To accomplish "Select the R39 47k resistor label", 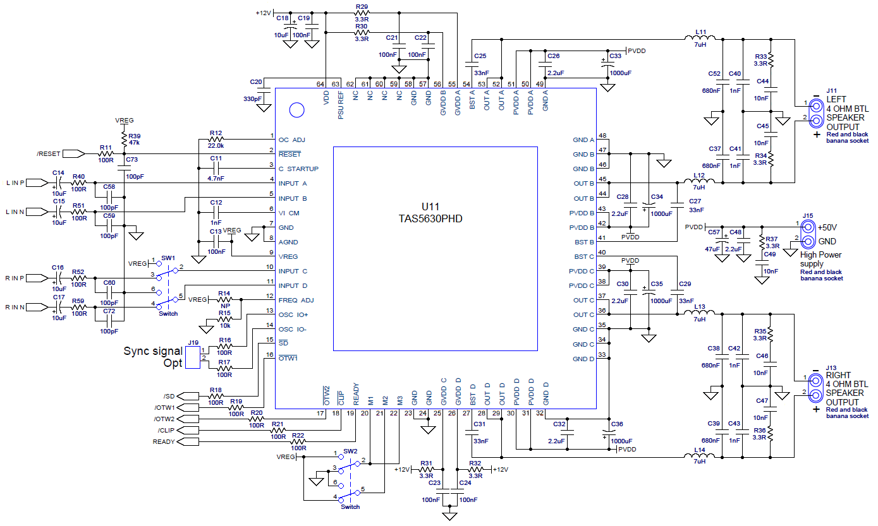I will click(x=134, y=140).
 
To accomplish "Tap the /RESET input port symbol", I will click(x=73, y=153).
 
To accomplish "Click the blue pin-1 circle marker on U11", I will click(x=296, y=110).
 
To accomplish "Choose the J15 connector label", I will click(x=808, y=216).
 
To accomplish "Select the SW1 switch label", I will click(x=168, y=258).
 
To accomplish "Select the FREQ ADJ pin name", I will click(x=296, y=300).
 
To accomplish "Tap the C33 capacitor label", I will click(x=615, y=56).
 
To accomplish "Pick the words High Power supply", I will click(x=820, y=259).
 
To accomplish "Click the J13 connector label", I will click(x=831, y=367).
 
